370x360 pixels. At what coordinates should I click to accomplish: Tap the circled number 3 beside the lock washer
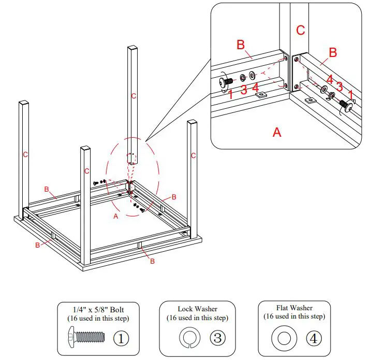pos(218,338)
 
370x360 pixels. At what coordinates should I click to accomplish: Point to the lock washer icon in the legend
pos(188,338)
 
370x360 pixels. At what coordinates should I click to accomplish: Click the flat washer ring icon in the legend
pos(284,338)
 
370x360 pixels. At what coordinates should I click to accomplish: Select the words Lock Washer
pos(197,309)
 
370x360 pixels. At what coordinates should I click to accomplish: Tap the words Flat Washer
pos(294,308)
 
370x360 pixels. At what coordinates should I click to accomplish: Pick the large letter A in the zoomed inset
pos(277,132)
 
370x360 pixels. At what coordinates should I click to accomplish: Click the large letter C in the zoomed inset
pos(300,30)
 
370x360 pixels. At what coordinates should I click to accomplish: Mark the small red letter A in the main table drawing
pos(116,217)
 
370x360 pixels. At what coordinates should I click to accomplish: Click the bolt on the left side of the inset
pos(226,82)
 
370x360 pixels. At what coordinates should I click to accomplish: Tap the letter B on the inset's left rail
pos(241,45)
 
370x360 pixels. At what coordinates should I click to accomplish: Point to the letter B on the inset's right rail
pos(333,52)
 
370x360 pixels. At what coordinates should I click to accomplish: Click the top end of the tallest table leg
pos(134,48)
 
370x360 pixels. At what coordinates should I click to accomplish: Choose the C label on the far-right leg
pos(193,155)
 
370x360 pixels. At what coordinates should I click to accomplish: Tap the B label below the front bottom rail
pos(152,262)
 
